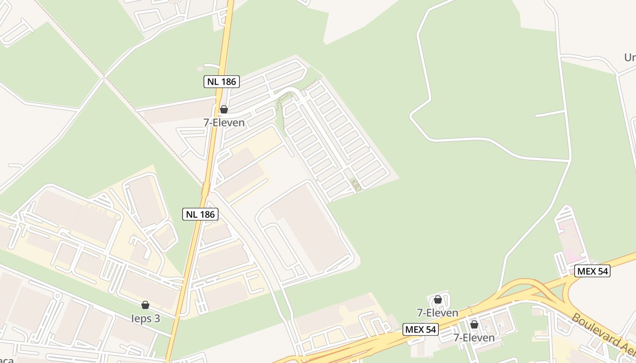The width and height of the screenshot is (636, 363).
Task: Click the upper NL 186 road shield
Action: [221, 82]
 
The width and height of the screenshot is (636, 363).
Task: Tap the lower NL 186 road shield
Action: [200, 214]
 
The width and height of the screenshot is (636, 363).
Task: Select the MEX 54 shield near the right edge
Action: [592, 271]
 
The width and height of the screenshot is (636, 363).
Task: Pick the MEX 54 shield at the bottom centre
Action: [420, 329]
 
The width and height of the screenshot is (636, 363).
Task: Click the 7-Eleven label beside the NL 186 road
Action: [224, 123]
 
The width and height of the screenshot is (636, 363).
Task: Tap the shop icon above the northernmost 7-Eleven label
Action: [224, 109]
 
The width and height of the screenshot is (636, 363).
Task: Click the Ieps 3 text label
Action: [145, 319]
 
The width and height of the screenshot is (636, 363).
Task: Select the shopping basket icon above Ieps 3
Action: [145, 305]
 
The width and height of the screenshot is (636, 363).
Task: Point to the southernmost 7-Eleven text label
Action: [474, 338]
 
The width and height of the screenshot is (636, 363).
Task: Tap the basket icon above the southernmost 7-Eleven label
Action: [474, 325]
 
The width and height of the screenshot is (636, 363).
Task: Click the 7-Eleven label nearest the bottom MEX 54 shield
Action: [438, 313]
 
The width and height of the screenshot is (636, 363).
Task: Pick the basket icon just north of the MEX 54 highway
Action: [438, 299]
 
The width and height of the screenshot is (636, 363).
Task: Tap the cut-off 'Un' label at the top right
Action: [629, 58]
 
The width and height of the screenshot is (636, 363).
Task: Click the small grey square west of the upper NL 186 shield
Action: [199, 69]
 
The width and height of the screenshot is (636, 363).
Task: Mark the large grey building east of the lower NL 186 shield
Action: [309, 227]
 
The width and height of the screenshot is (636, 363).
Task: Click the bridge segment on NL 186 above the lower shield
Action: [205, 188]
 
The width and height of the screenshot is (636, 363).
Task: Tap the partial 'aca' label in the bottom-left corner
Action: [6, 360]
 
